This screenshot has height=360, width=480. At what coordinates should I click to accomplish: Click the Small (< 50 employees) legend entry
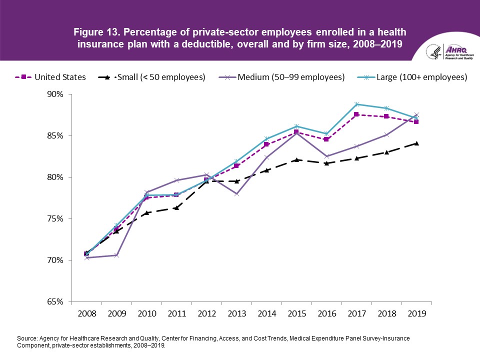(x=160, y=77)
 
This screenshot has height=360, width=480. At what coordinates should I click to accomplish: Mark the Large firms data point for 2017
(x=356, y=104)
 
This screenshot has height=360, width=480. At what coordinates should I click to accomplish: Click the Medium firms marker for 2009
(x=116, y=255)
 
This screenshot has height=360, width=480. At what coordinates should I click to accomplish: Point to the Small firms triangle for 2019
(x=416, y=143)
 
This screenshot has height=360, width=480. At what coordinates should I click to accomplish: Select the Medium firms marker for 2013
(x=236, y=193)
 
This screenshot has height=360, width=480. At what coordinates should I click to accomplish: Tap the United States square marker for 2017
(x=356, y=114)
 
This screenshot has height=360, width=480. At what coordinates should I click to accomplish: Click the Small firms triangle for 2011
(x=176, y=207)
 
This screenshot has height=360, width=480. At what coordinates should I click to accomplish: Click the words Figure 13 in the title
(x=94, y=32)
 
